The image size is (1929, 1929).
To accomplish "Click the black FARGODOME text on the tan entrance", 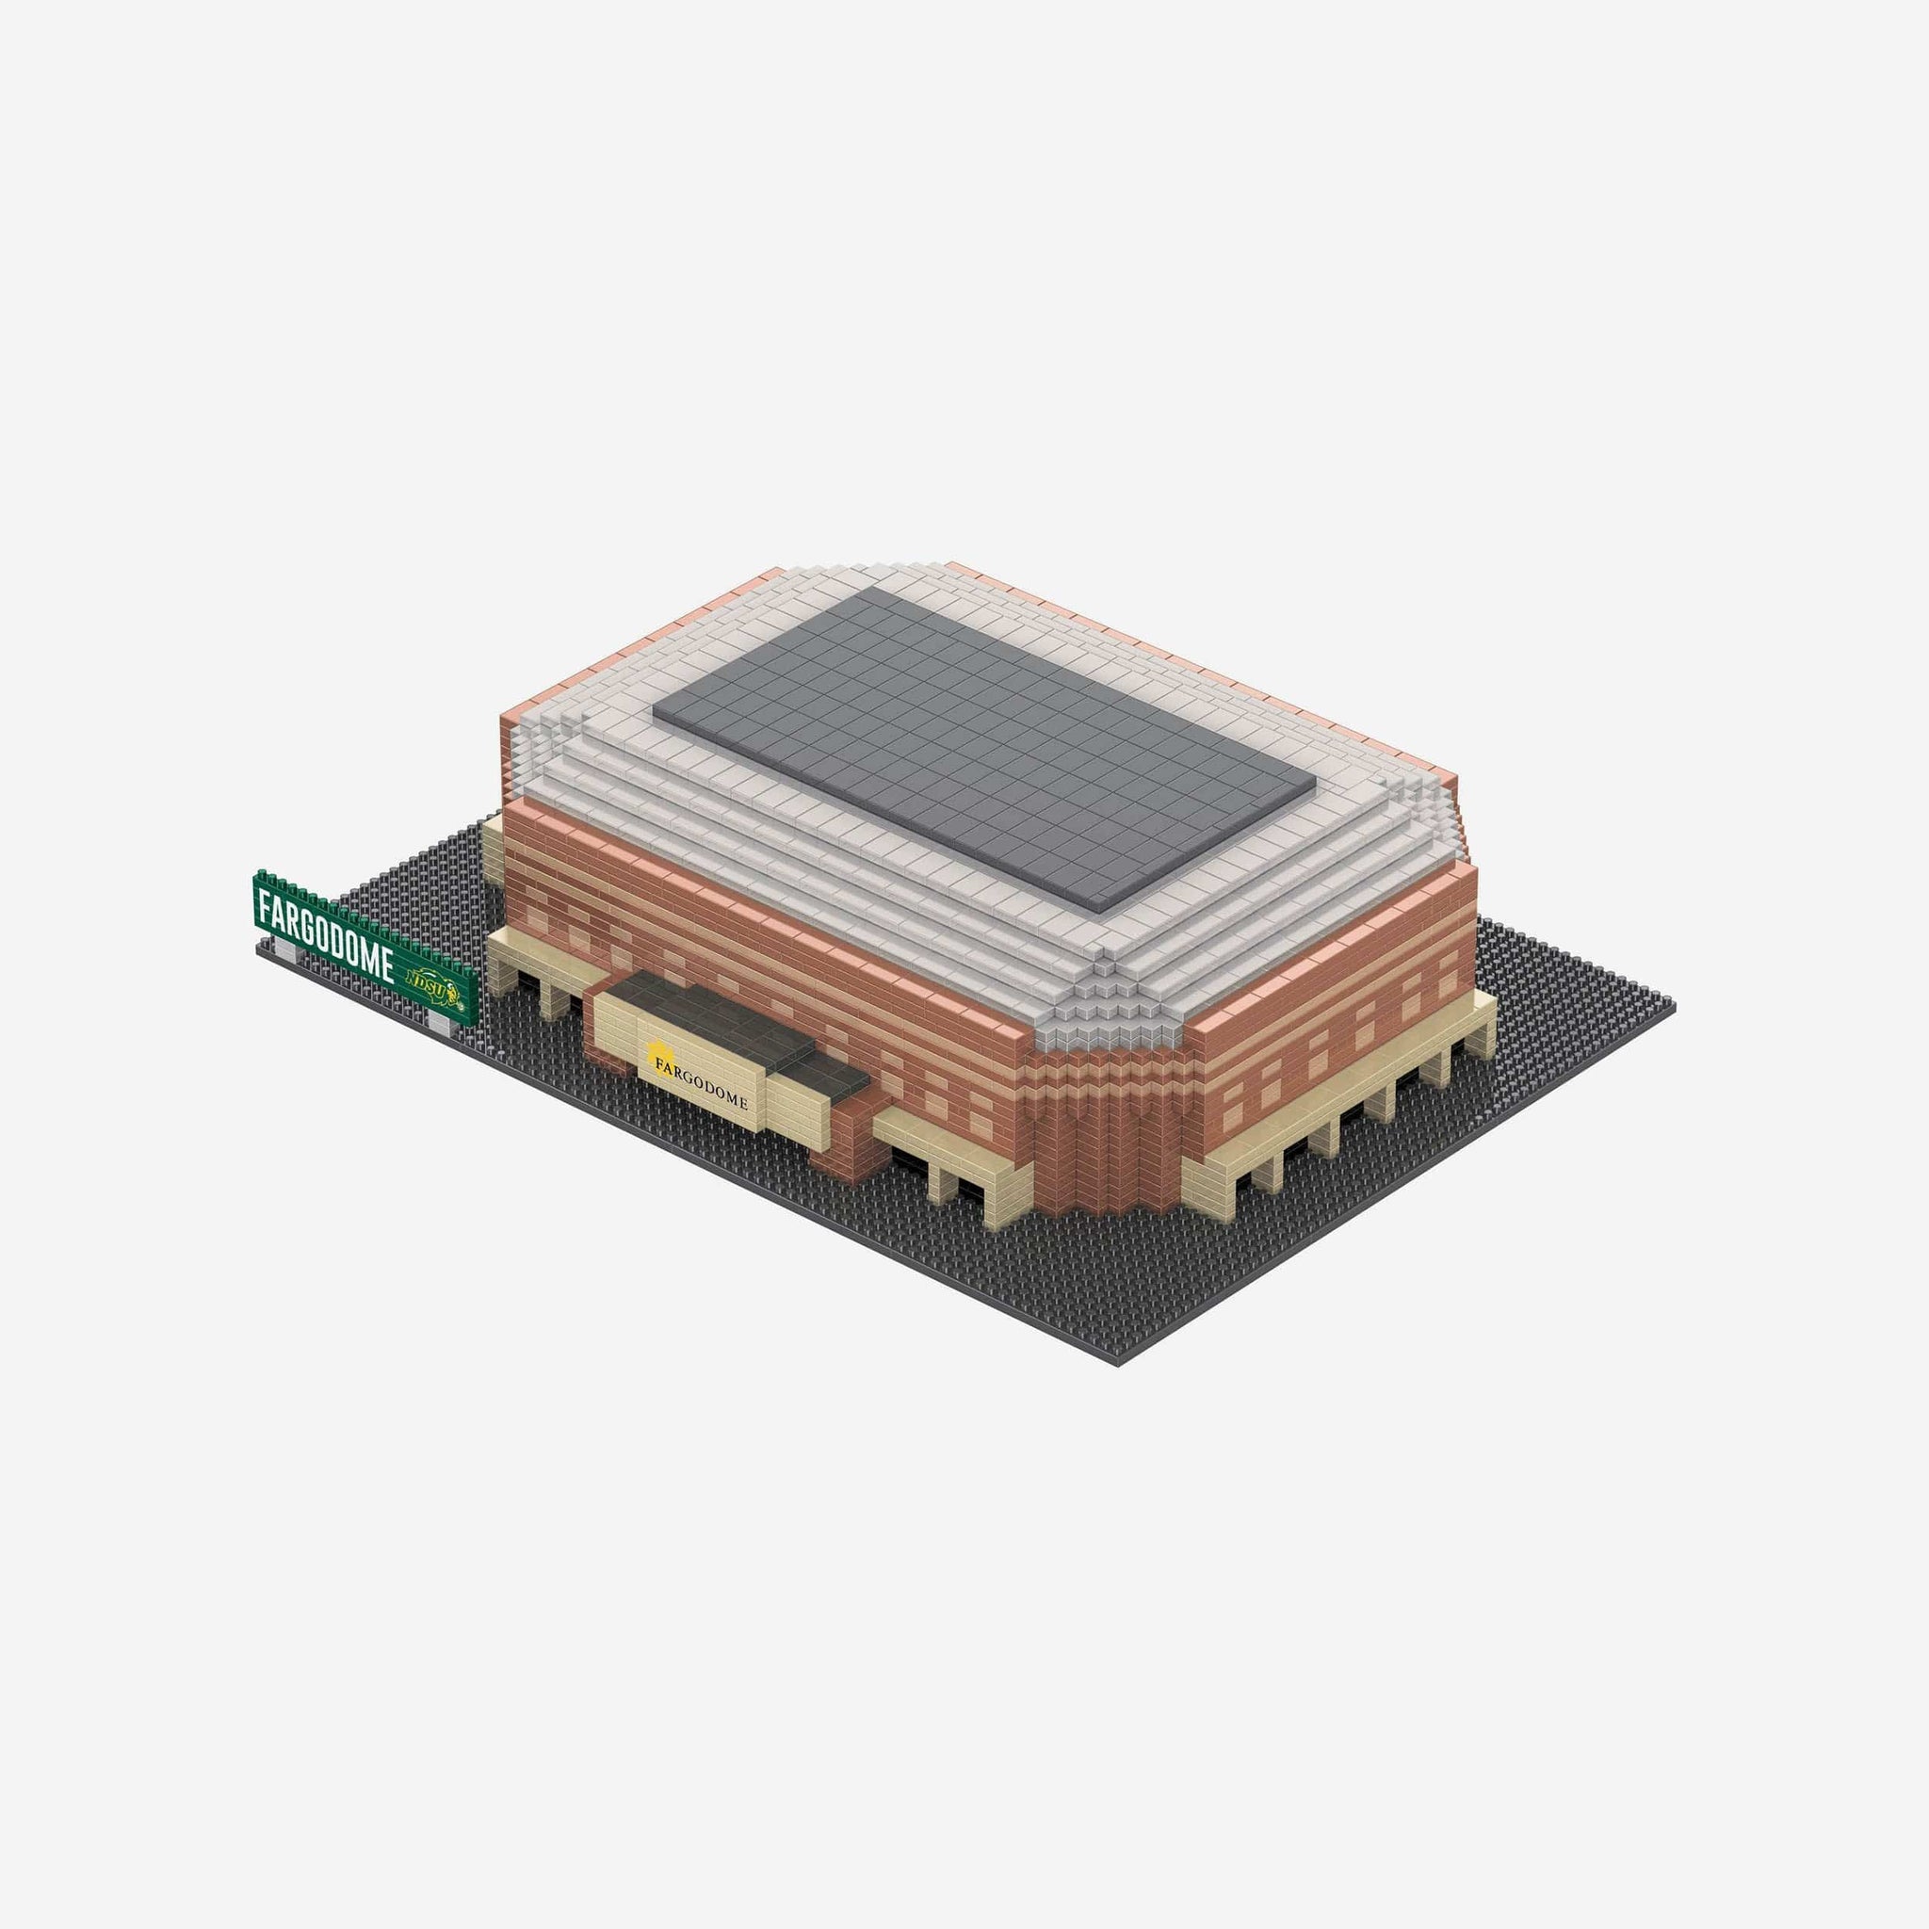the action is [701, 1084].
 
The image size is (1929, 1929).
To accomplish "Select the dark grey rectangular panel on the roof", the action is [984, 748].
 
